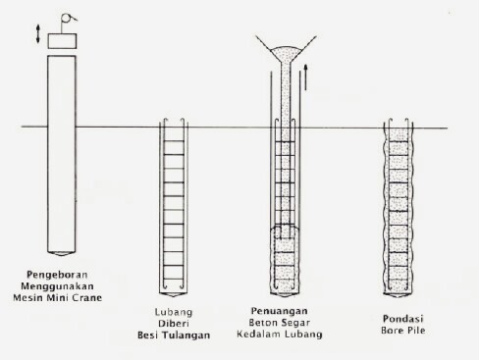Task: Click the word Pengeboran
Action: [57, 275]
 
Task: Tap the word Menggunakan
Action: [57, 286]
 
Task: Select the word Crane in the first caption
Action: [87, 298]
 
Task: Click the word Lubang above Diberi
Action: [174, 312]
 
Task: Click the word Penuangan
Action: [279, 311]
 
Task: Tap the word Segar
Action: [296, 323]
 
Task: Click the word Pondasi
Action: [402, 319]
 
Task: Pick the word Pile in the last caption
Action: [416, 331]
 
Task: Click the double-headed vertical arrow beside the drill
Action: [38, 34]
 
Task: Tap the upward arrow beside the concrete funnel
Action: [305, 77]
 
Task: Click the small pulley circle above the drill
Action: [66, 18]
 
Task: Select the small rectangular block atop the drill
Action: [62, 41]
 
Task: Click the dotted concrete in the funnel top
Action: [286, 53]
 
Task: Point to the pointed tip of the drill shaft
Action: [62, 254]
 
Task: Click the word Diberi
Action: [174, 324]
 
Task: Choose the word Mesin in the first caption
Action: [28, 298]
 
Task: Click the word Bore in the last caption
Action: [393, 331]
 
